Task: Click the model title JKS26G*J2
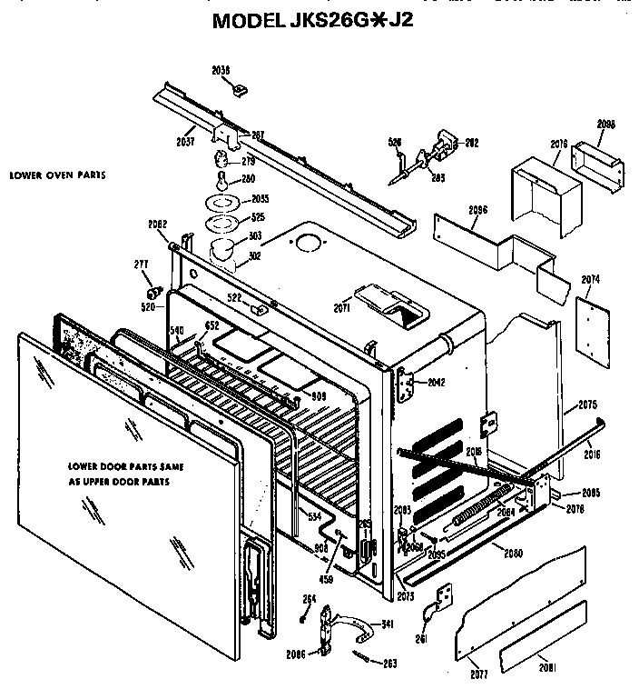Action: pyautogui.click(x=313, y=21)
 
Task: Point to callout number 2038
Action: pyautogui.click(x=221, y=69)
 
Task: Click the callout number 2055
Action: pyautogui.click(x=260, y=198)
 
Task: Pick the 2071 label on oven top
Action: pyautogui.click(x=340, y=309)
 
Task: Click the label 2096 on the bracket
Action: pyautogui.click(x=478, y=210)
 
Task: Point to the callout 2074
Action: pyautogui.click(x=591, y=278)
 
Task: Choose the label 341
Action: pyautogui.click(x=387, y=624)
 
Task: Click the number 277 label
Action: pyautogui.click(x=141, y=265)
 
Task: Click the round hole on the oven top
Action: pyautogui.click(x=309, y=244)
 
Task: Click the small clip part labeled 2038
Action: pyautogui.click(x=241, y=88)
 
